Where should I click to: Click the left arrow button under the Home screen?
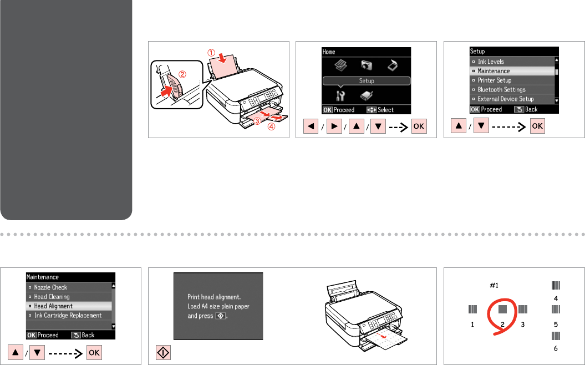click(311, 126)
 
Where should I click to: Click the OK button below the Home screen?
click(419, 126)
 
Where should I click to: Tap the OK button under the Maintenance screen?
click(94, 353)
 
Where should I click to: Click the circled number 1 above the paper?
click(211, 53)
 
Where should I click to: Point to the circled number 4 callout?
click(271, 127)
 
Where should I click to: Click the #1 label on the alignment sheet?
click(494, 286)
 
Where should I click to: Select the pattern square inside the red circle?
click(502, 309)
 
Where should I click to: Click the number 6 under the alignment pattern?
click(556, 348)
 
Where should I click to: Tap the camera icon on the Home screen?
click(367, 65)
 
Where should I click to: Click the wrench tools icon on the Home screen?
click(340, 96)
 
